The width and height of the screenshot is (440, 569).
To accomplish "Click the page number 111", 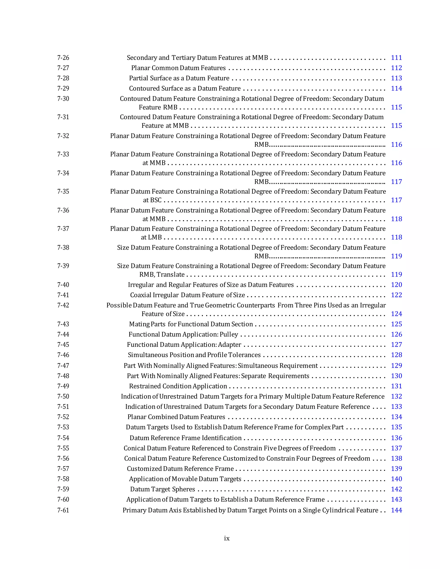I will point(396,58).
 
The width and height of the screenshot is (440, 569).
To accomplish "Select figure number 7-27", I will point(63,68).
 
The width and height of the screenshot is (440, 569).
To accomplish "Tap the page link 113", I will point(396,78).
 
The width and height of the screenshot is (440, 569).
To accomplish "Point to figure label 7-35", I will point(63,192).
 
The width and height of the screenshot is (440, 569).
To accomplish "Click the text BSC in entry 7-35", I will point(156,200).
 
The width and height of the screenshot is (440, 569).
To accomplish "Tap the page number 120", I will point(396,285).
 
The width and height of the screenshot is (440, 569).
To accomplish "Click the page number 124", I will point(396,314).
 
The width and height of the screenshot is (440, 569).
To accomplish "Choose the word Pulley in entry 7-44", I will point(229,335).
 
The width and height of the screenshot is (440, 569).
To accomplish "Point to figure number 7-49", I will point(63,386).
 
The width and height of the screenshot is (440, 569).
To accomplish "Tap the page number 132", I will point(396,397).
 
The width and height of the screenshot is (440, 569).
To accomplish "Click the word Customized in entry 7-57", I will point(144,469).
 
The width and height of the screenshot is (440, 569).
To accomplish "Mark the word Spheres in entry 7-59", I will point(184,489).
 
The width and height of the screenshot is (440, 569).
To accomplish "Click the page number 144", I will point(396,510).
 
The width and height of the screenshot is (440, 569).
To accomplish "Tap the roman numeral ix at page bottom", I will point(227,538).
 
